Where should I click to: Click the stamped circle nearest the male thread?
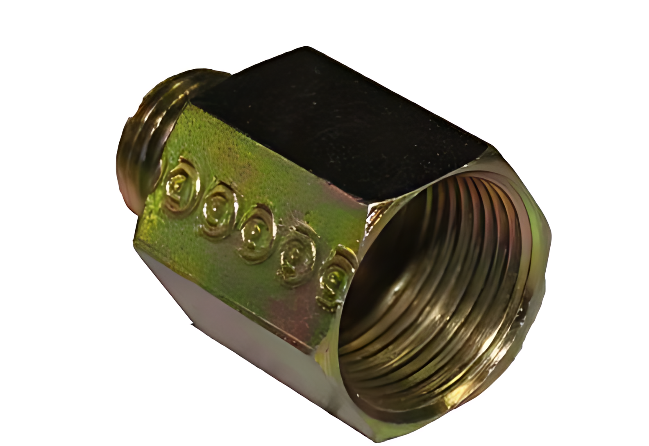[182, 185]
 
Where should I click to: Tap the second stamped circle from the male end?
[219, 210]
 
